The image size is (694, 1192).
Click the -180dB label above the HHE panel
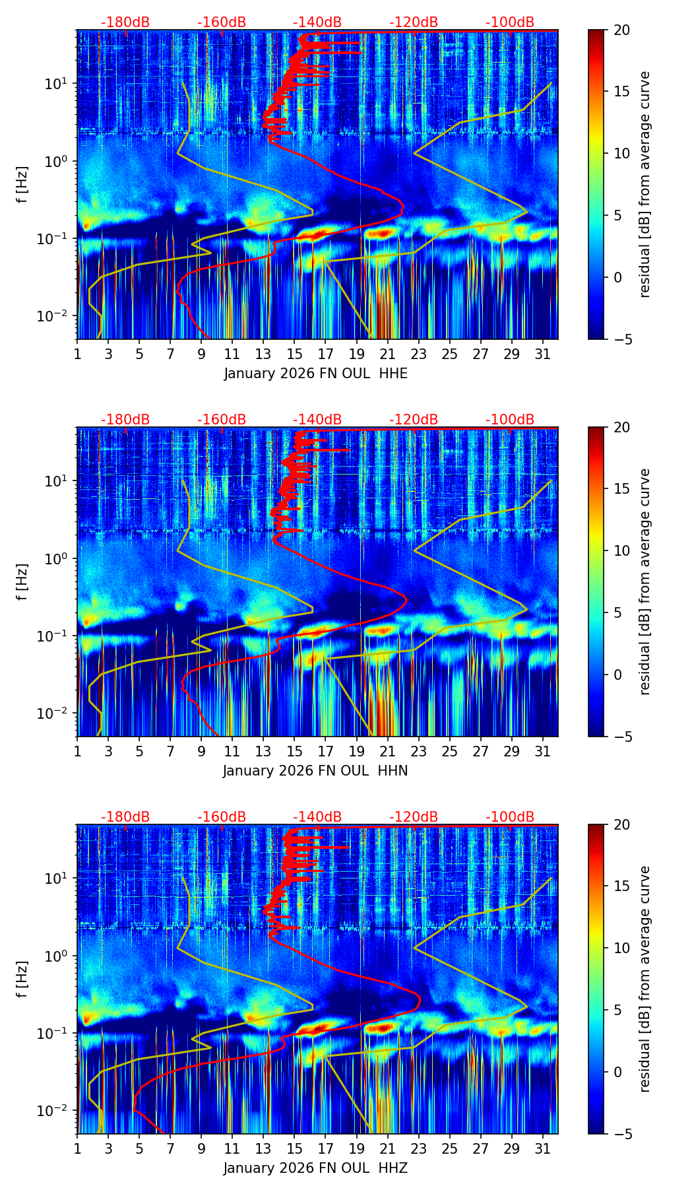coord(125,22)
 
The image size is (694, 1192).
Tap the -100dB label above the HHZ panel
coord(510,817)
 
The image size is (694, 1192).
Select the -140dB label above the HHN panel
coord(317,420)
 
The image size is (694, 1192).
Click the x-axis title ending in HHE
coord(315,374)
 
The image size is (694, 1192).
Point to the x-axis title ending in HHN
coord(315,771)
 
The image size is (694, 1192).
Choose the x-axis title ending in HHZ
coord(315,1168)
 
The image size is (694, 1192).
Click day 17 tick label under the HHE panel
coord(325,354)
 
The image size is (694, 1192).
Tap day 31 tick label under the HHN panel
coord(542,752)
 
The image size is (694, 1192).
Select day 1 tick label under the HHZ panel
coord(78,1149)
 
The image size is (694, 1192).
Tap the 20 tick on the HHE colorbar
coord(621,30)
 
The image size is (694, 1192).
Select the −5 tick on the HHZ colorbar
coord(621,1134)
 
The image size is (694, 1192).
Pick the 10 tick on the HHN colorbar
coord(621,550)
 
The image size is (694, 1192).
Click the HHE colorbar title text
coord(645,184)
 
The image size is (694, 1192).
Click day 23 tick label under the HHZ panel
coord(418,1149)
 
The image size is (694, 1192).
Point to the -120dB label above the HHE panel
coord(414,22)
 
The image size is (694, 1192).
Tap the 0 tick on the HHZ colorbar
coord(617,1072)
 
